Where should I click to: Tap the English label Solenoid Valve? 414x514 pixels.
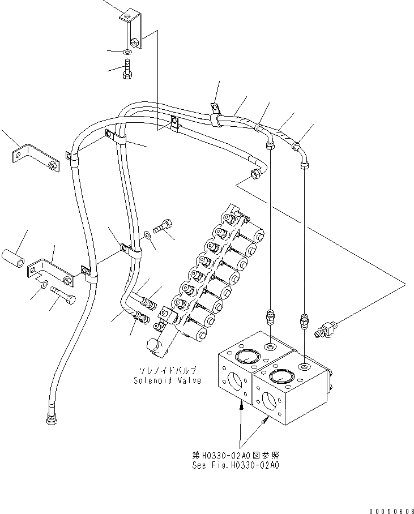point(167,380)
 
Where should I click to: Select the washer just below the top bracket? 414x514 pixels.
point(127,53)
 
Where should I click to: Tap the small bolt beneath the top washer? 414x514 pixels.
point(127,72)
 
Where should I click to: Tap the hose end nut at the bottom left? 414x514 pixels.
point(50,421)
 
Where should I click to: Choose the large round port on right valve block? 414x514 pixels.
point(281,376)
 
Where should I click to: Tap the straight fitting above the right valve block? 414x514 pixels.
point(305,321)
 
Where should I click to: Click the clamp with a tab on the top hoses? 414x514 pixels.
point(216,113)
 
